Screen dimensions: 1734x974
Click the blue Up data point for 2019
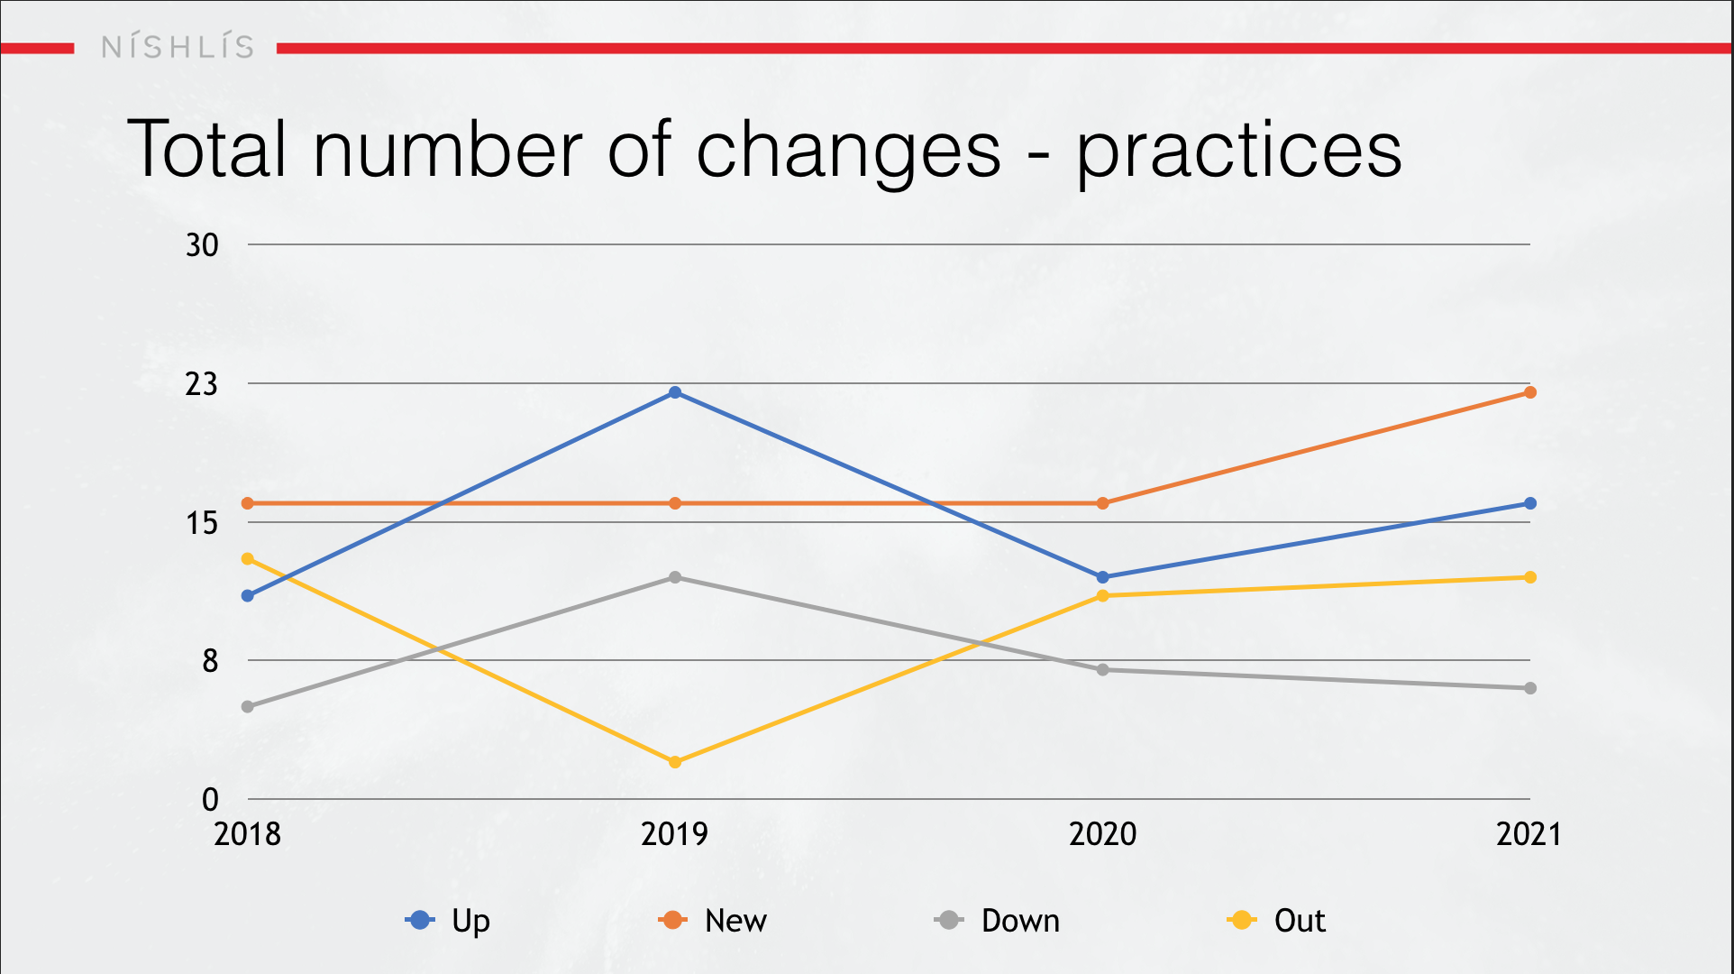pos(675,392)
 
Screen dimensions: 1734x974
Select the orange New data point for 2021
pos(1530,392)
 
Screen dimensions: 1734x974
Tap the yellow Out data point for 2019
pos(675,762)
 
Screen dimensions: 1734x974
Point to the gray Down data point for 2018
pos(248,706)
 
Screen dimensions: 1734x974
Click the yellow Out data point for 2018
pos(248,559)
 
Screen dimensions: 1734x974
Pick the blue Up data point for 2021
pos(1530,503)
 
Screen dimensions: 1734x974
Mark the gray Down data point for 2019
pos(675,577)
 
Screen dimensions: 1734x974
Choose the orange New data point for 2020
pos(1103,503)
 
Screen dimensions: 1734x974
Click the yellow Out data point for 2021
pos(1530,577)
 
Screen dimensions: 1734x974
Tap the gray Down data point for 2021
pos(1530,688)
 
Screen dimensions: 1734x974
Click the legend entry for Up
pos(448,921)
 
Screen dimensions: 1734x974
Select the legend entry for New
pos(713,921)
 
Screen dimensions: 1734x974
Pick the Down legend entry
pos(998,921)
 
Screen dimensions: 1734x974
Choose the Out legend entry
pos(1276,921)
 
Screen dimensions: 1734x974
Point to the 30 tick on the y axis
pos(202,245)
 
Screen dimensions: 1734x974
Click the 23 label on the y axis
pos(202,384)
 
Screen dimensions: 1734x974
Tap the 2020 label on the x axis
pos(1103,834)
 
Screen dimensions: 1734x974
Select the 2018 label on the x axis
pos(248,834)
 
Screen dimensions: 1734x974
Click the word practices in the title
pos(1239,152)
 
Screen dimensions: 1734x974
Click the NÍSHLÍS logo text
pos(178,47)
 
